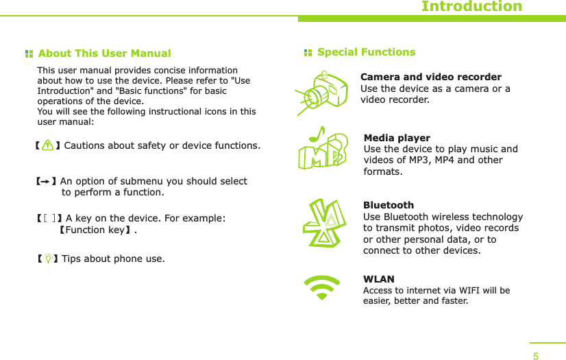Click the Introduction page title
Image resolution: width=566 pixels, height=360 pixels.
point(471,7)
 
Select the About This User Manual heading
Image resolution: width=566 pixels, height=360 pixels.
point(104,53)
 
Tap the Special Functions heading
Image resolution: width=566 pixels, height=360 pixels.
point(366,52)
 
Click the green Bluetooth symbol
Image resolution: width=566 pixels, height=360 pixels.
point(323,224)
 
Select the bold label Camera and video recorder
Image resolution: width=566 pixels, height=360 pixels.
point(430,77)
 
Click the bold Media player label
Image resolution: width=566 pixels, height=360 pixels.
point(397,138)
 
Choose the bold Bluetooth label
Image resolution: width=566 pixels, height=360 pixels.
point(388,205)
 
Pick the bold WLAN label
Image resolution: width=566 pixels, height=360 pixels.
point(378,279)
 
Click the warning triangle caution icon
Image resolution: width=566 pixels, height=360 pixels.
point(47,145)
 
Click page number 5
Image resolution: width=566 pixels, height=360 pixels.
point(536,356)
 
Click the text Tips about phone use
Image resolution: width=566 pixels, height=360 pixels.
point(113,259)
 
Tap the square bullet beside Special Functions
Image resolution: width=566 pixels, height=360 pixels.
point(308,53)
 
